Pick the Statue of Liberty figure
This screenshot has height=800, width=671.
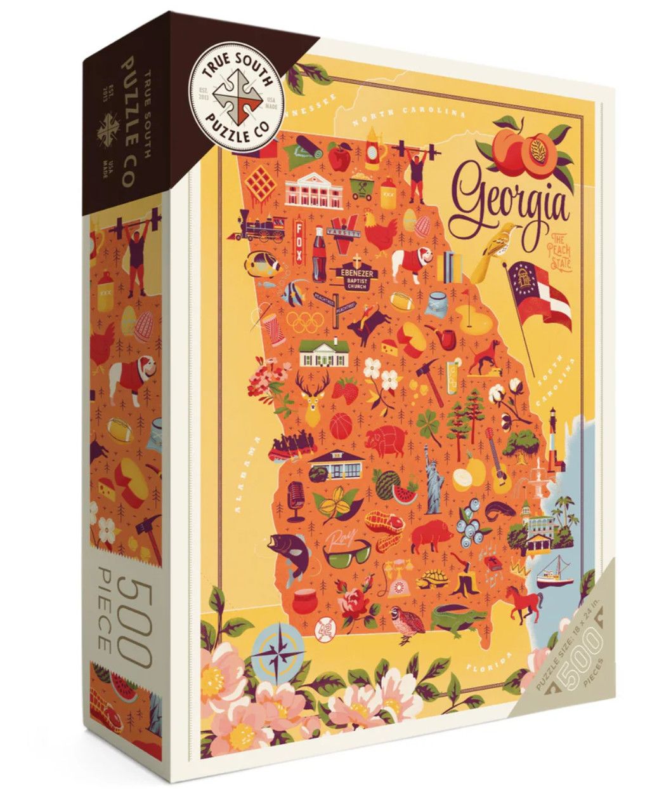434,484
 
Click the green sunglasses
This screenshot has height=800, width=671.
348,551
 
